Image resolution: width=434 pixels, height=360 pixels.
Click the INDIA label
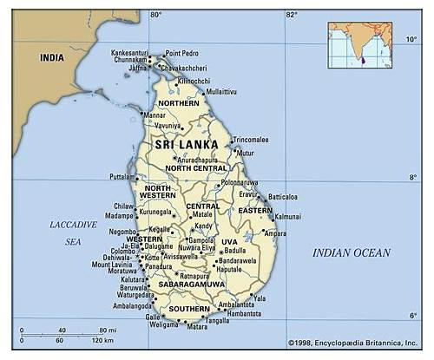(51, 57)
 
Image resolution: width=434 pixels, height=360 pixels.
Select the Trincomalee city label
(250, 139)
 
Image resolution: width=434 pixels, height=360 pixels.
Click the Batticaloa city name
(282, 197)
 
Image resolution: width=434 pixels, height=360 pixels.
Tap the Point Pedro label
(181, 53)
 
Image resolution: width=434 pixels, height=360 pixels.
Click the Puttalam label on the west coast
(122, 176)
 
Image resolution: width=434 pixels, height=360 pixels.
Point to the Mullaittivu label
(221, 91)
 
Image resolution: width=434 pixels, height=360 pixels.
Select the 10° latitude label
(411, 39)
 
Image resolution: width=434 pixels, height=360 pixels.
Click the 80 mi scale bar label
(108, 330)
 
